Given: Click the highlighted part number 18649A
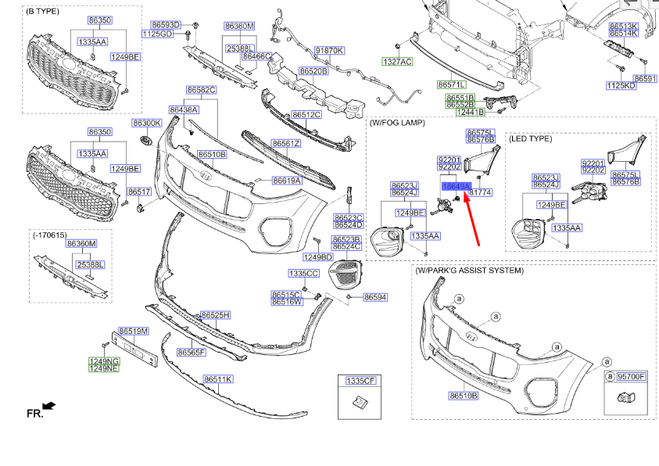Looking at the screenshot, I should (x=456, y=187).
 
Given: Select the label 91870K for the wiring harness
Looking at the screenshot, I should (x=329, y=50).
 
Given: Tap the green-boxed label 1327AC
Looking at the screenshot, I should (x=397, y=61).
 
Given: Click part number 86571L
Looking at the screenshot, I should (x=452, y=84).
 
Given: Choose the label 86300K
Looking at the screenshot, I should (x=146, y=123).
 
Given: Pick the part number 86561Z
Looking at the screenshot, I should (x=286, y=143).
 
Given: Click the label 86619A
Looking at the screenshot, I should (x=287, y=181).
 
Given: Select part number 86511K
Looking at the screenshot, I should (x=218, y=379).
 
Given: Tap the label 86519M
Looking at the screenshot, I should (x=133, y=332).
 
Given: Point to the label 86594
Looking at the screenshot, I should (x=375, y=297).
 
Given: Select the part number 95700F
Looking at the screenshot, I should (x=631, y=376).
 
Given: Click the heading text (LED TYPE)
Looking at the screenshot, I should (x=530, y=138).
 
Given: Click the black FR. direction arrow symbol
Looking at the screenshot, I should (x=50, y=406).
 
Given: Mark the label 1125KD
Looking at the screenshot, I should (x=621, y=86).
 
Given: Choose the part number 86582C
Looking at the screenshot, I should (x=201, y=90).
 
